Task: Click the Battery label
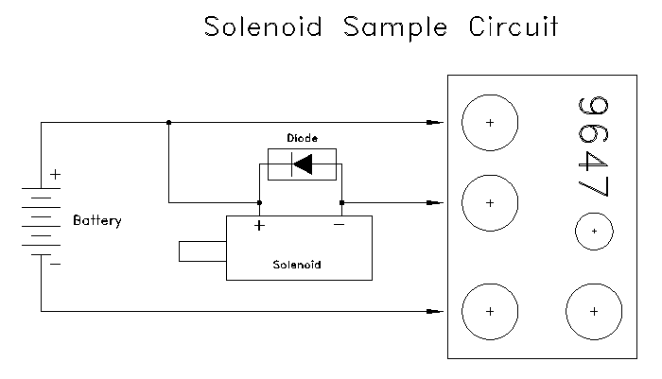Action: coord(96,221)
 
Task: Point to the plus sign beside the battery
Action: coord(55,174)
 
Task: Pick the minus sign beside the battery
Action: coord(55,264)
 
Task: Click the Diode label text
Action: coord(302,138)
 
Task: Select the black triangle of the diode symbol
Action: coord(302,164)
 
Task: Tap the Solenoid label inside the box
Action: coord(296,265)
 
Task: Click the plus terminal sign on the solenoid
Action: coord(258,226)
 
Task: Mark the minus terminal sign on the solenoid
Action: coord(339,226)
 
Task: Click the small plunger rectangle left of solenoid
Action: coord(201,250)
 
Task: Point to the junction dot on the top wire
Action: coord(168,123)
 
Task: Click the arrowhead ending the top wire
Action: coord(434,123)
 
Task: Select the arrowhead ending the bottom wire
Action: coord(434,311)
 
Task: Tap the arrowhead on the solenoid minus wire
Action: coord(434,202)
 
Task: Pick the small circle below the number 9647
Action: coord(594,230)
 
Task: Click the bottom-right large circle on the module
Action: coord(594,311)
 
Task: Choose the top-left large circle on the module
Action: coord(490,123)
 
